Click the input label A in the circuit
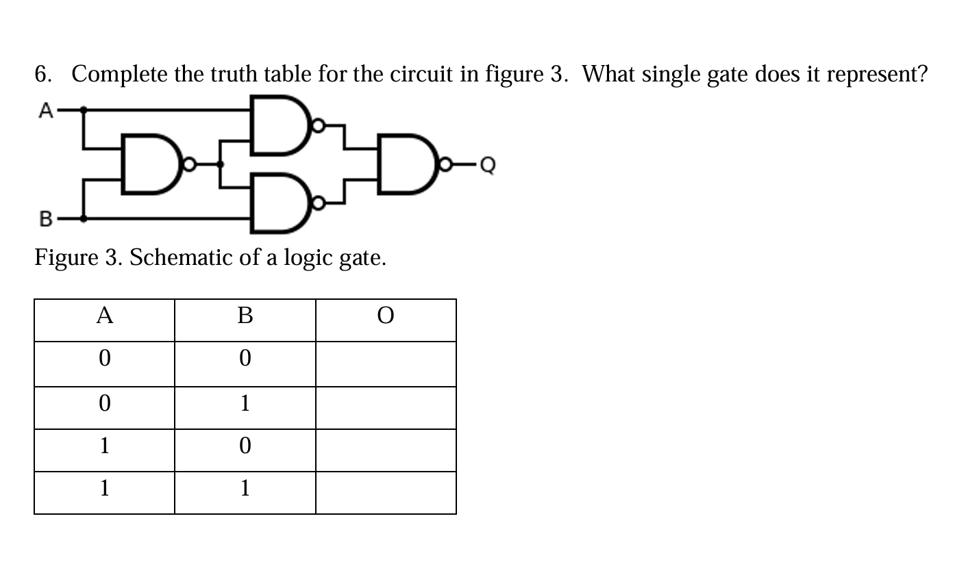[45, 110]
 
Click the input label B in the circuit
[45, 219]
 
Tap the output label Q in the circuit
[487, 165]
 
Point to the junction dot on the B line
[84, 219]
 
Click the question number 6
[42, 73]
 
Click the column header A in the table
[104, 316]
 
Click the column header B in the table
[245, 316]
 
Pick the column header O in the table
[386, 316]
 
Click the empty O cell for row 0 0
[386, 363]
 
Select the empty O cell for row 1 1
[386, 493]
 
